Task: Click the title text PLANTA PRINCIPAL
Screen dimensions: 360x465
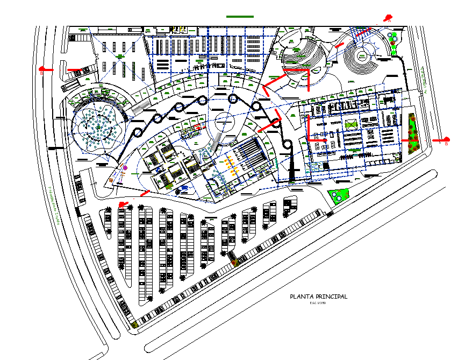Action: pos(318,297)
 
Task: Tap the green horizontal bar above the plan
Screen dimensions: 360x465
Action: pos(240,17)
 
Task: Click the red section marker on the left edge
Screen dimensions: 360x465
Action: pos(46,69)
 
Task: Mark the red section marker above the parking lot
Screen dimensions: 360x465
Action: pos(123,204)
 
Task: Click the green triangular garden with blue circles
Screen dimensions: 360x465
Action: pos(338,196)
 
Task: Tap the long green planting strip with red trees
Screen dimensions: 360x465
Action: pos(413,133)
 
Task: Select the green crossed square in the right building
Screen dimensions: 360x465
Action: pos(351,125)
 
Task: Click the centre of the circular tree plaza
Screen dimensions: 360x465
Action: pos(98,128)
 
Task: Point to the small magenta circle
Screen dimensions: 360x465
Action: pos(125,168)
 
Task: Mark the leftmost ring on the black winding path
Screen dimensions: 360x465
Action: pos(137,133)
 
